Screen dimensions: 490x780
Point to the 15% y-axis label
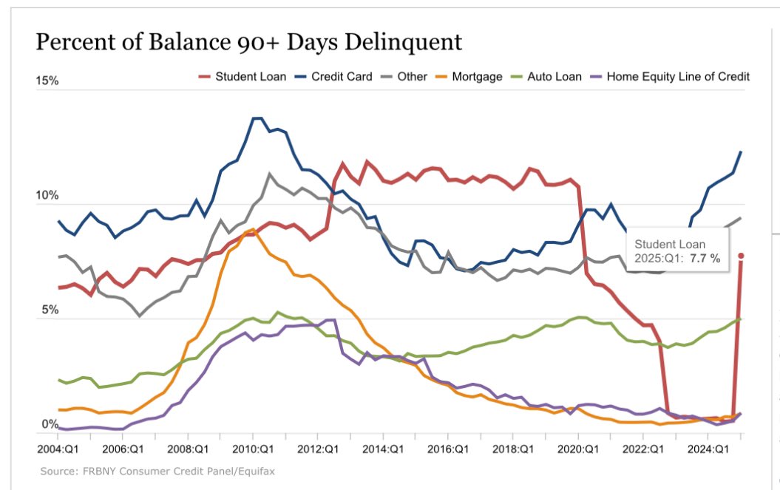click(x=47, y=81)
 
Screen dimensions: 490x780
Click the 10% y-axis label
click(x=47, y=195)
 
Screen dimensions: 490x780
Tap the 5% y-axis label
click(x=49, y=310)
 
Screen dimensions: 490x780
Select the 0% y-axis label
click(x=49, y=424)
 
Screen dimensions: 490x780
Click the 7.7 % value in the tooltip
click(x=705, y=258)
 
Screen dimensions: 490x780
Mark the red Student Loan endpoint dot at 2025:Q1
click(x=741, y=256)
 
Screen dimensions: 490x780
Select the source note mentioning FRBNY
click(x=158, y=471)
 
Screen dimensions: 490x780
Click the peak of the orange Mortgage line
click(x=253, y=230)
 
